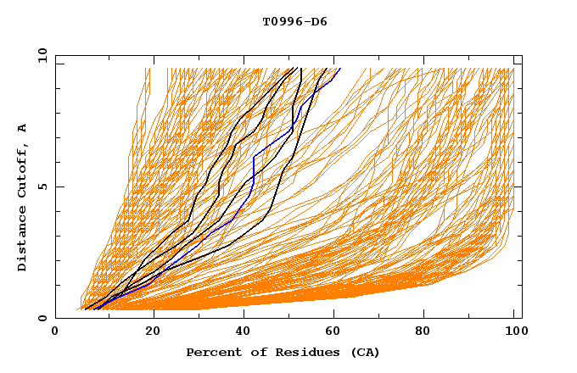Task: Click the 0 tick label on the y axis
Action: click(x=42, y=318)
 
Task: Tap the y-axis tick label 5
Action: click(x=42, y=186)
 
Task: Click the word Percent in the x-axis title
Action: click(x=210, y=352)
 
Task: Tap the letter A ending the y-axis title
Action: click(x=22, y=128)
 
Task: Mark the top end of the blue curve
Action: click(x=340, y=69)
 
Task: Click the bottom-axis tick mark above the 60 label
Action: click(x=337, y=315)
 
